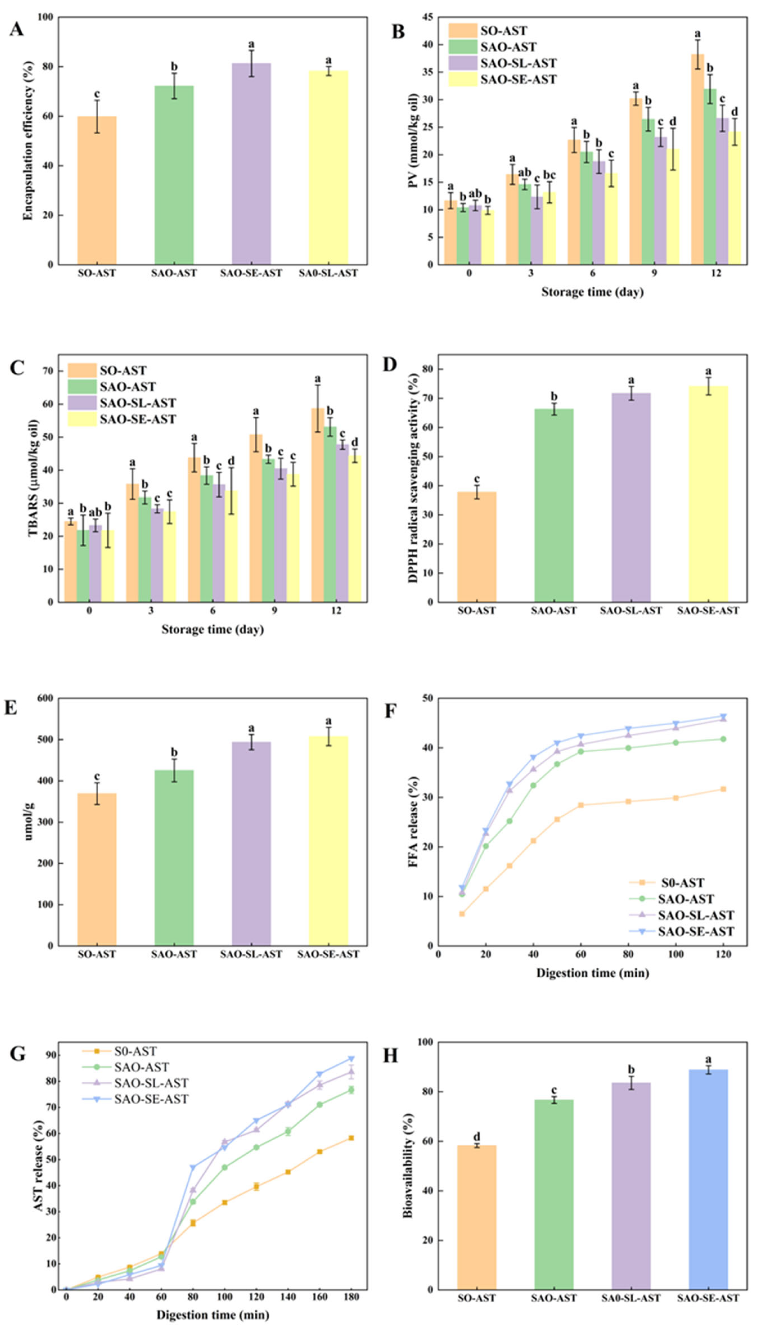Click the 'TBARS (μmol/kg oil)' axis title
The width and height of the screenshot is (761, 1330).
(x=33, y=478)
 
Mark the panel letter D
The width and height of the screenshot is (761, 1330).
(x=390, y=364)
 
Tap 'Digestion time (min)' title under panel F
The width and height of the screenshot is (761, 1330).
(x=592, y=973)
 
